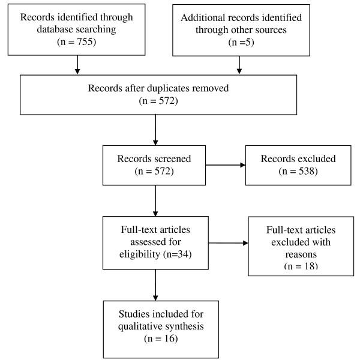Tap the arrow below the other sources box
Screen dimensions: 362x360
(x=240, y=65)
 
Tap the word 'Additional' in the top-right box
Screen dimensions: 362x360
(x=203, y=18)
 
